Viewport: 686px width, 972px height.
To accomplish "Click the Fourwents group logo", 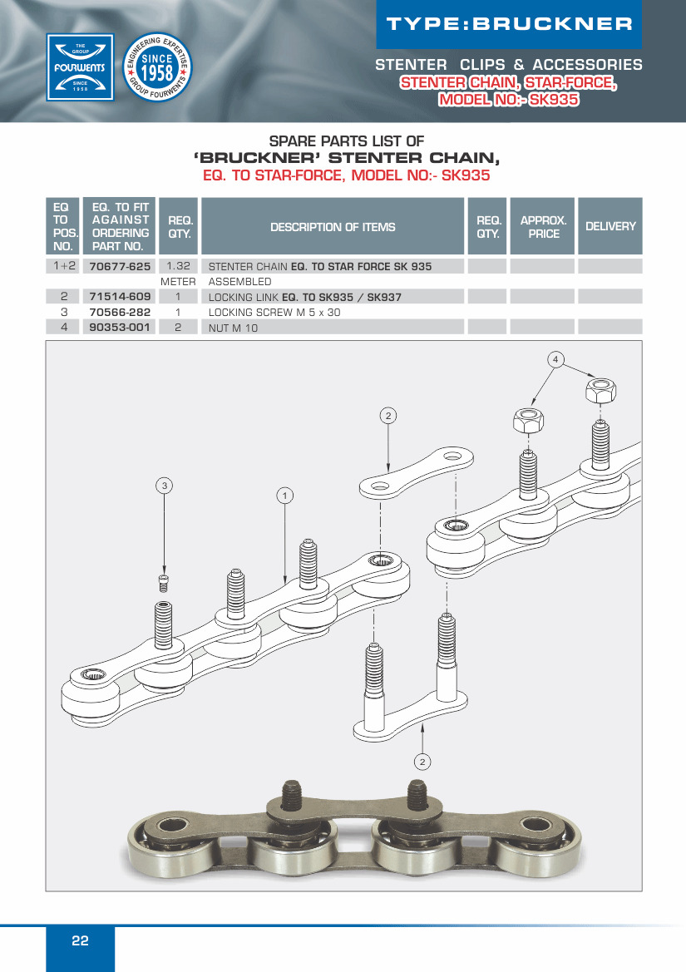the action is pos(80,67).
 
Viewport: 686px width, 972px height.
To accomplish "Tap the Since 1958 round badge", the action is pos(157,67).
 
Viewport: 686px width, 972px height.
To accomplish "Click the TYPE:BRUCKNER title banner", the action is pos(510,24).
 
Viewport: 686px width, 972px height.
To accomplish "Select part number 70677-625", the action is pos(120,267).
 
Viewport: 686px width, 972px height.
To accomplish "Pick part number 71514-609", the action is pos(120,297).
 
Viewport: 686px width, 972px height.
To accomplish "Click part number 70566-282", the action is pos(120,313).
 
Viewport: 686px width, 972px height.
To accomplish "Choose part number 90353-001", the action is pos(120,328).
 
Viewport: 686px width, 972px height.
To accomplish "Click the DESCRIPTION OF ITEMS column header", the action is pos(333,227).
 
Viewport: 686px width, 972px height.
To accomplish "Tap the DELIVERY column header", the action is pos(610,226).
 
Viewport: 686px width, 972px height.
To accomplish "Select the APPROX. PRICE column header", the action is pos(544,227).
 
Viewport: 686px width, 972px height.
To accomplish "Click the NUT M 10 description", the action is pos(233,328).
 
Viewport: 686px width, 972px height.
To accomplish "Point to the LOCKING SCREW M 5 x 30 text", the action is pos(274,313).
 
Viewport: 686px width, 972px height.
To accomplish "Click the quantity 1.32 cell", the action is pos(179,266).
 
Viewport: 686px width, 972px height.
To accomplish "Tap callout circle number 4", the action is pos(555,359).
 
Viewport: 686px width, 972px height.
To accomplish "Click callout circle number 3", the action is pos(164,486).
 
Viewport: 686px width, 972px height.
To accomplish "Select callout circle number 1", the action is pos(285,496).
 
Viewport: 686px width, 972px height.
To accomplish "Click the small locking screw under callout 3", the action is pos(164,584).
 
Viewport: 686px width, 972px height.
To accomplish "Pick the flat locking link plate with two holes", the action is pos(417,473).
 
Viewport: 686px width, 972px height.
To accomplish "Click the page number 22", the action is pos(80,940).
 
